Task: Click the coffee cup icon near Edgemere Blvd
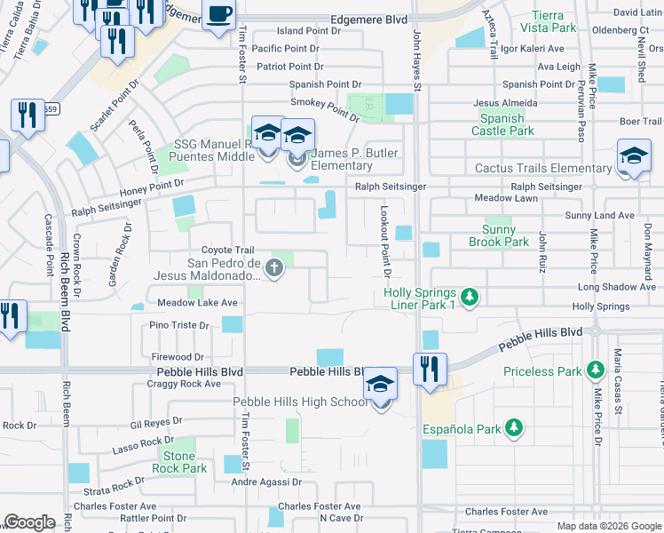[x=219, y=15]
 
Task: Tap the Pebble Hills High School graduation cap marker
[x=381, y=385]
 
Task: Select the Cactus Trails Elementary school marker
[x=633, y=156]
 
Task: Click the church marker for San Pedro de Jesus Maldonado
[x=275, y=266]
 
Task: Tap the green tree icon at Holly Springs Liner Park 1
[x=470, y=296]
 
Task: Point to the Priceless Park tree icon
[x=594, y=371]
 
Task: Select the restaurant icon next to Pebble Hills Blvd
[x=431, y=368]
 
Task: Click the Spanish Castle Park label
[x=502, y=124]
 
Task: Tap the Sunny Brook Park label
[x=498, y=235]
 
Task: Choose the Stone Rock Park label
[x=179, y=462]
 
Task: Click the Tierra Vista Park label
[x=554, y=21]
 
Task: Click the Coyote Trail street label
[x=227, y=251]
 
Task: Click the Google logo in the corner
[x=29, y=522]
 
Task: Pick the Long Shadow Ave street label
[x=617, y=287]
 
